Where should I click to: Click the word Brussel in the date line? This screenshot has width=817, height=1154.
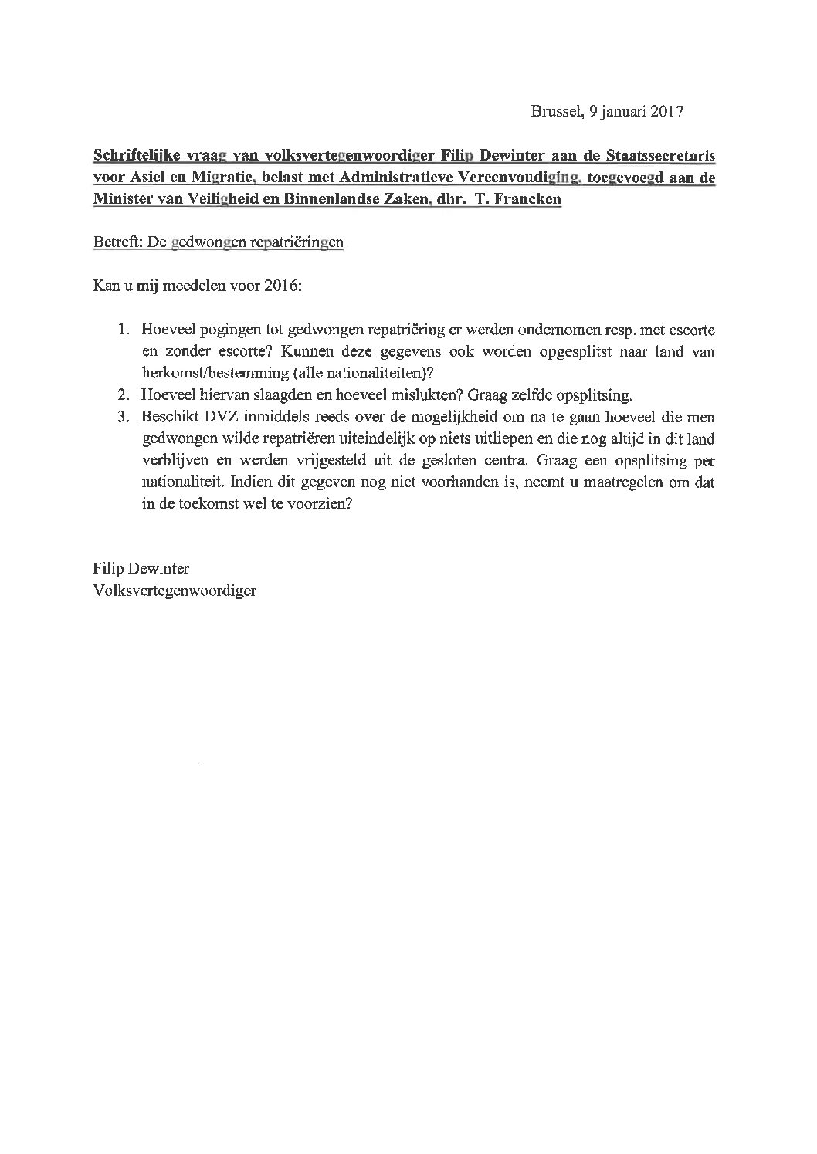(x=555, y=111)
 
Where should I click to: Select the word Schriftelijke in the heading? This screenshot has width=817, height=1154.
(x=131, y=157)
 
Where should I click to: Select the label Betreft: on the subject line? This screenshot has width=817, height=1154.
(x=115, y=243)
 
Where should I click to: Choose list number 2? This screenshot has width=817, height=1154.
(x=124, y=395)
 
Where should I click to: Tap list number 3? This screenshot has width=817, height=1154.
(x=124, y=417)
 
